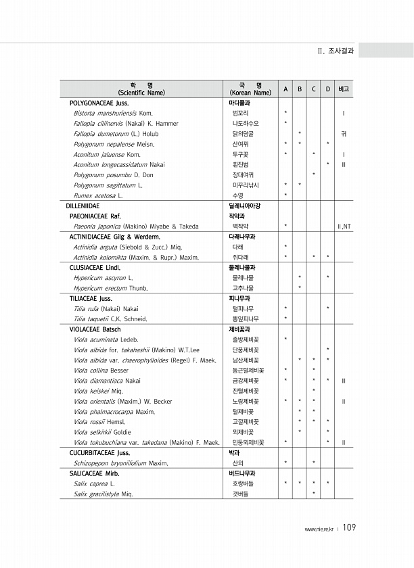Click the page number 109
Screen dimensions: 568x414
pyautogui.click(x=348, y=527)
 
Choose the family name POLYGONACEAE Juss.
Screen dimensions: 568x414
pyautogui.click(x=99, y=102)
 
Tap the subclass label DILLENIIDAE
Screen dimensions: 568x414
pyautogui.click(x=83, y=205)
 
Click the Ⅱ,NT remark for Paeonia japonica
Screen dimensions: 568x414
pyautogui.click(x=343, y=226)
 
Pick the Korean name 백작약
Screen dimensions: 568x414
pyautogui.click(x=240, y=226)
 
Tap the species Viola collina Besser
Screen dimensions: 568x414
pyautogui.click(x=101, y=370)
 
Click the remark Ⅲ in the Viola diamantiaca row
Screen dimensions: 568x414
pyautogui.click(x=344, y=381)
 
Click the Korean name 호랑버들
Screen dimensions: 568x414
pyautogui.click(x=243, y=483)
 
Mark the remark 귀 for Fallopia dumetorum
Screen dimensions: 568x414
pyautogui.click(x=344, y=133)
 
